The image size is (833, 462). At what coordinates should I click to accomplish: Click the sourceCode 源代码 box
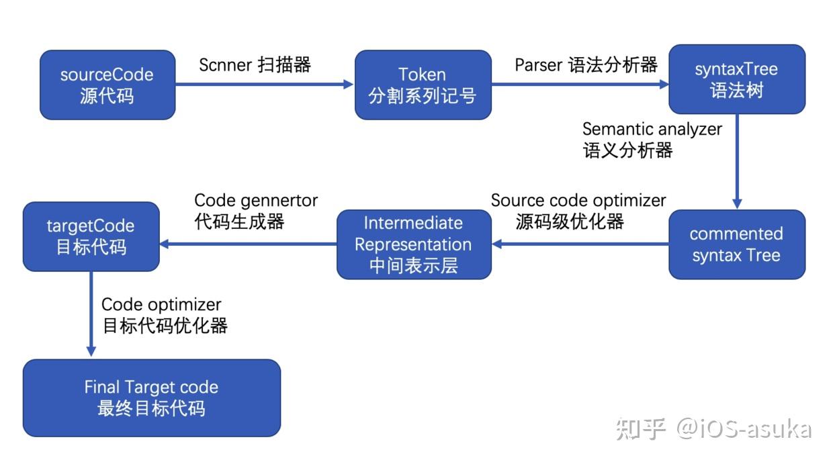pos(107,85)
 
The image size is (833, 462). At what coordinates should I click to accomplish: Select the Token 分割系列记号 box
pos(423,85)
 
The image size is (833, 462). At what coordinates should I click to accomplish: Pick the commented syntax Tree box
pos(736,244)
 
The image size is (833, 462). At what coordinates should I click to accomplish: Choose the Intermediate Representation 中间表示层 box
pos(414,244)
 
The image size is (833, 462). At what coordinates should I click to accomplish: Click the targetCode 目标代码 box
pos(91,236)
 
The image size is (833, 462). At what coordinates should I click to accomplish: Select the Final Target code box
pos(151,398)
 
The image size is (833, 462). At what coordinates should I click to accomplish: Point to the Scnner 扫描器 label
pos(255,65)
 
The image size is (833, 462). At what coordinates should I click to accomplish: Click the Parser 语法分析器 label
pos(586,65)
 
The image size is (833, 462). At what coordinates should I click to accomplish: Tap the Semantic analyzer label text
pos(652,139)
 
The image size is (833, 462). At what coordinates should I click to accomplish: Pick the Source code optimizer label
pos(578,211)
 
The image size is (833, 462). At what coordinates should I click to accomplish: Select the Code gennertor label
pos(255,211)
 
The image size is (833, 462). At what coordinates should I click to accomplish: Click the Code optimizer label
pos(164,316)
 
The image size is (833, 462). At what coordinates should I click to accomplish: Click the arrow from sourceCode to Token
pos(265,85)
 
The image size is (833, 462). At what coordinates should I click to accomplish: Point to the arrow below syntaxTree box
pos(737,161)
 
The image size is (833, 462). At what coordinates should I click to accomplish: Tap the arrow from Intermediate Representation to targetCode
pos(248,244)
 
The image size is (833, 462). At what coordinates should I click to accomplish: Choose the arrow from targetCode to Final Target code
pos(91,313)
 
